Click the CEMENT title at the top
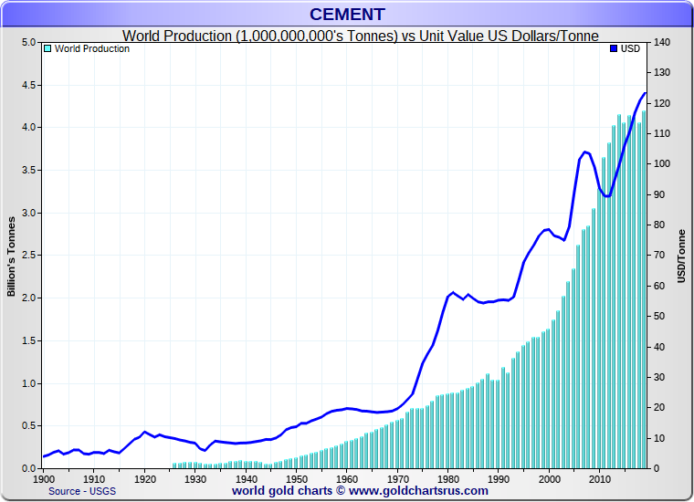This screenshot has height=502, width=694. (x=347, y=14)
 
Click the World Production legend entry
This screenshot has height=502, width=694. (x=91, y=49)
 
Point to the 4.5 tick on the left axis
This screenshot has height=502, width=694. (x=27, y=85)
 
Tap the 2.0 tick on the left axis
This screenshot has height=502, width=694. (x=27, y=298)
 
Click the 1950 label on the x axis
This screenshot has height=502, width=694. (x=296, y=478)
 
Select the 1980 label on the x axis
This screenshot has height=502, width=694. (x=447, y=478)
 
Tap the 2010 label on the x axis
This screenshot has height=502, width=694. (x=599, y=478)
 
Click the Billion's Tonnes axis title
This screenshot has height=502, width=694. (x=12, y=256)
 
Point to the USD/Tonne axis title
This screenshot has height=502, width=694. (x=681, y=256)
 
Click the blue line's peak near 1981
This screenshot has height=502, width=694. (x=453, y=292)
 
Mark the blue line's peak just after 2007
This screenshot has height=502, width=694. (x=584, y=152)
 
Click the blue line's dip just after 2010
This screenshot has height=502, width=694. (x=605, y=195)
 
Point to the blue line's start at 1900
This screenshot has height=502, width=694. (x=44, y=456)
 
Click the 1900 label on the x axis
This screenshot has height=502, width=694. (x=44, y=478)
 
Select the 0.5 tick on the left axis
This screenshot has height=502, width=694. (x=27, y=426)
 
